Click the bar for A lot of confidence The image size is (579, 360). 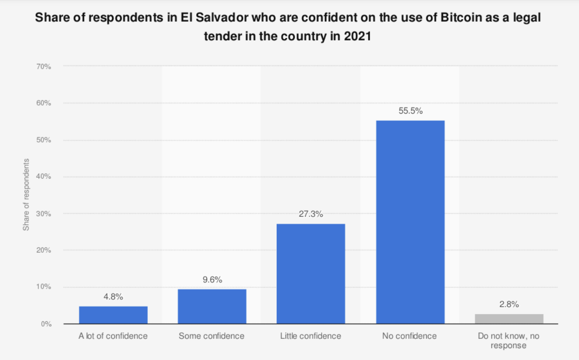tap(113, 315)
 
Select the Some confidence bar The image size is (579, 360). tap(212, 306)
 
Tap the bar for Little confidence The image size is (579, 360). tap(311, 274)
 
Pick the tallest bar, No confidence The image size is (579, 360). tap(410, 222)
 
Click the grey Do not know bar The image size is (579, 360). tap(509, 319)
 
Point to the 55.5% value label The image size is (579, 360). tap(410, 111)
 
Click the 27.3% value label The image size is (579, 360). tap(311, 214)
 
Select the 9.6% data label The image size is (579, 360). tap(212, 279)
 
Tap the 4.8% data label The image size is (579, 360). tap(113, 297)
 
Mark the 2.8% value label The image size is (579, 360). tap(509, 304)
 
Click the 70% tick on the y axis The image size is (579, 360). tap(44, 66)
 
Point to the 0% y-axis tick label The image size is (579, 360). tap(46, 324)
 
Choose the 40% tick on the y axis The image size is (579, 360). tap(44, 176)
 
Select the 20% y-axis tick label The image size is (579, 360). tap(44, 250)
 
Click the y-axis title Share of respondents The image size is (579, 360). tap(26, 195)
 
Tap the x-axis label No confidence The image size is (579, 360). tap(410, 336)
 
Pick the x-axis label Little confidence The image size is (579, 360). tap(311, 336)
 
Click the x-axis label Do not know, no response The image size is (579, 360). tap(509, 341)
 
